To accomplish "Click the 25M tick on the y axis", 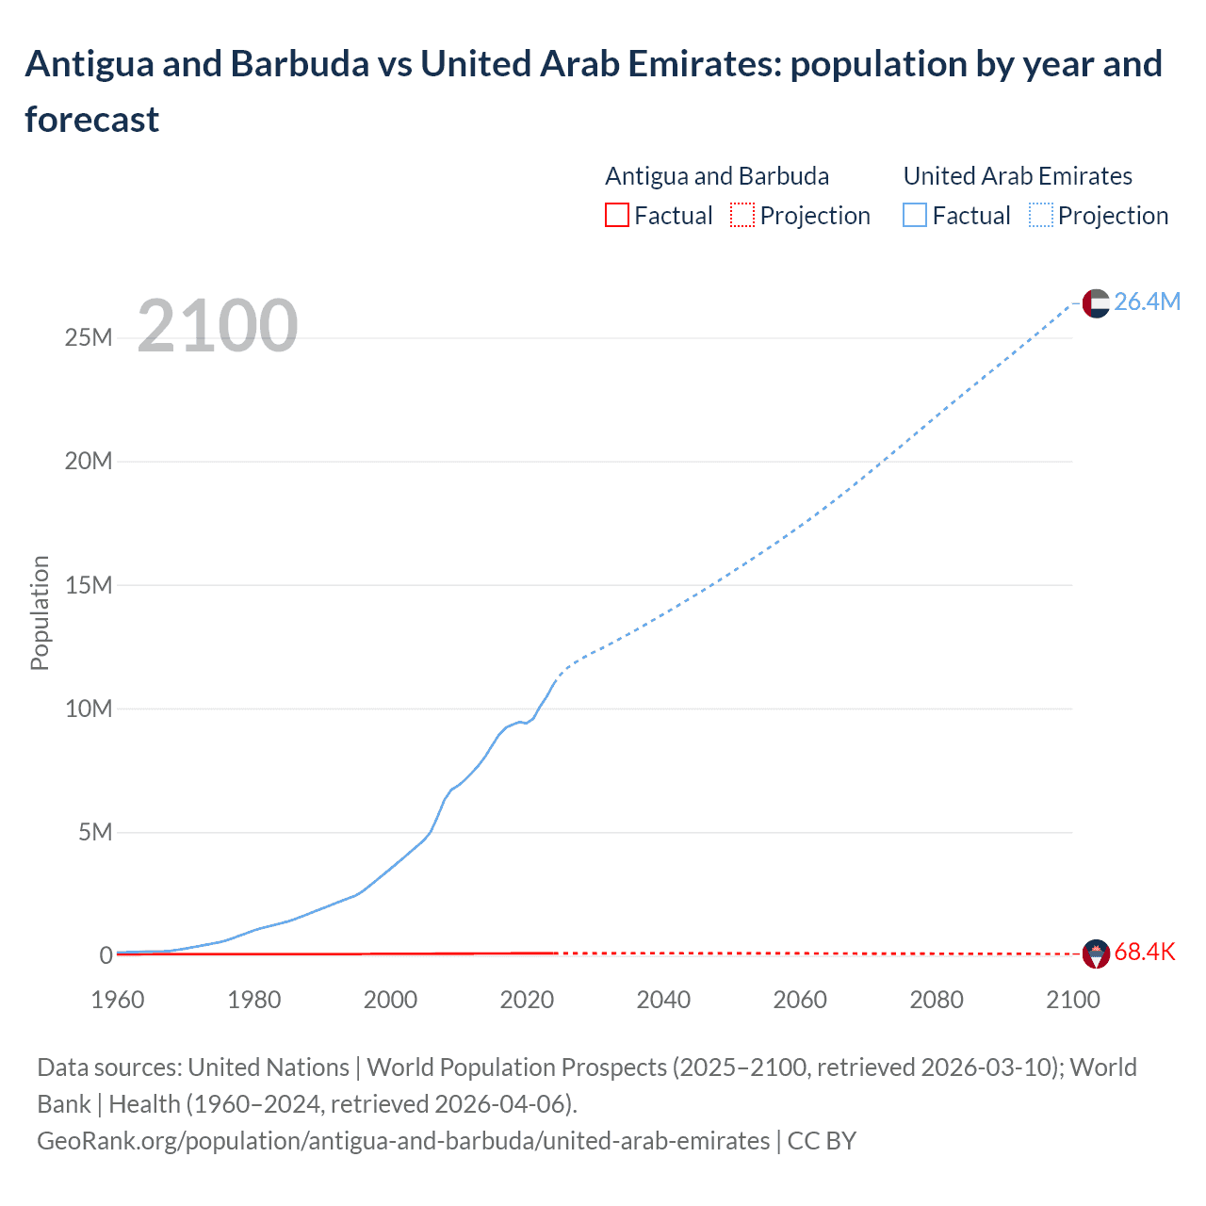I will tap(89, 337).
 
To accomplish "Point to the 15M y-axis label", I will tap(89, 585).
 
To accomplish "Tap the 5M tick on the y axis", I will tap(95, 832).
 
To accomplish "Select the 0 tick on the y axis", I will tap(106, 955).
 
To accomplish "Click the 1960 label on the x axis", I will tap(118, 1000).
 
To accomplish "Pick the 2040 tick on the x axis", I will tap(663, 1000).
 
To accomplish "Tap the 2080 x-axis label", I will tap(937, 1000).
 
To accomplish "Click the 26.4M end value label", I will tap(1147, 301).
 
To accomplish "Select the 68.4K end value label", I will tap(1145, 952).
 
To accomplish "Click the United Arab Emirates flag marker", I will tap(1096, 302).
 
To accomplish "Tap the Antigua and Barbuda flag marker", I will tap(1096, 953).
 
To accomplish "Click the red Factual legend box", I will tap(616, 216).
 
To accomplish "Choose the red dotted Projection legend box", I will tap(742, 216).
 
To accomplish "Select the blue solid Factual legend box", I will tap(915, 216).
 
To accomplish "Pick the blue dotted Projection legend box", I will tap(1041, 216).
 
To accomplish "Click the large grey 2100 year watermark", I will tap(218, 326).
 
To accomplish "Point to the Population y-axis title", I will tap(40, 612).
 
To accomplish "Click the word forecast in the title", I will tap(92, 120).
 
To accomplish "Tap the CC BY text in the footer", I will tap(822, 1141).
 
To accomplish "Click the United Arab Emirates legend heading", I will tap(1018, 176).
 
